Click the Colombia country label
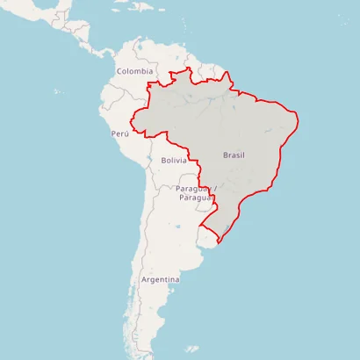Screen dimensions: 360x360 135,71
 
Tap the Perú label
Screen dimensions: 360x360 120,133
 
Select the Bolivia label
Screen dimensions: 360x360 174,161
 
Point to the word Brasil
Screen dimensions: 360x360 234,155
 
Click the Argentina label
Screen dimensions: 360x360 160,279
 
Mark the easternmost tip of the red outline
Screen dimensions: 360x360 299,118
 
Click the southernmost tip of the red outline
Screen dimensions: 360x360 216,242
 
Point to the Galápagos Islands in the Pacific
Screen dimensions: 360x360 58,91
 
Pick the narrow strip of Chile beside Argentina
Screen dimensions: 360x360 135,263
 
